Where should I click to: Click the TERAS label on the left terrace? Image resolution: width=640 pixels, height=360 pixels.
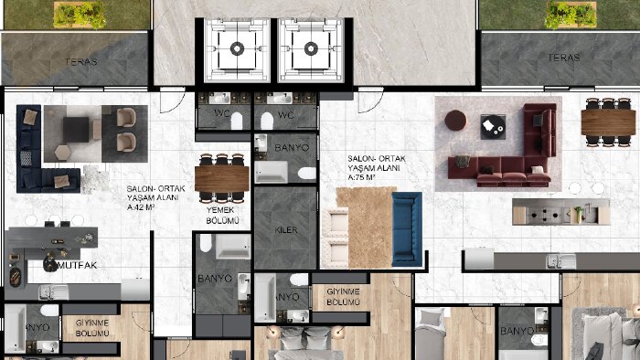pyautogui.click(x=80, y=62)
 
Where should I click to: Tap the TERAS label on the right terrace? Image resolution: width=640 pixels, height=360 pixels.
pyautogui.click(x=564, y=58)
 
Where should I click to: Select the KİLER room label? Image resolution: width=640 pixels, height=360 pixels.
pyautogui.click(x=286, y=230)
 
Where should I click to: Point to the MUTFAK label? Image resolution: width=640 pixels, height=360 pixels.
pyautogui.click(x=78, y=265)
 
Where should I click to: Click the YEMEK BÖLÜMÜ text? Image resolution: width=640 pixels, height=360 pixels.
pyautogui.click(x=222, y=216)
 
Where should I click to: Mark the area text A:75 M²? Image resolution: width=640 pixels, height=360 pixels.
pyautogui.click(x=362, y=178)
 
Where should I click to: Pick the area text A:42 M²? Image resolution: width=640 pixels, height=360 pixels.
pyautogui.click(x=141, y=207)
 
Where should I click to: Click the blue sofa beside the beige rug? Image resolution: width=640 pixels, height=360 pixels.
pyautogui.click(x=407, y=229)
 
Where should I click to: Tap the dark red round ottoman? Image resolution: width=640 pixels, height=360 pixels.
pyautogui.click(x=455, y=121)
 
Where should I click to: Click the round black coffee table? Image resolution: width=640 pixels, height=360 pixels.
pyautogui.click(x=493, y=126)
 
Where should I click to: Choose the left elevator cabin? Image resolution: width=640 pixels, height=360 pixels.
pyautogui.click(x=237, y=49)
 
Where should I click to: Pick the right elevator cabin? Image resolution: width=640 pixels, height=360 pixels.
pyautogui.click(x=311, y=49)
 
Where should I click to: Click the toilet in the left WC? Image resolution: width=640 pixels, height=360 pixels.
pyautogui.click(x=237, y=122)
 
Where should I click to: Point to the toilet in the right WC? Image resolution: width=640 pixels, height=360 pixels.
pyautogui.click(x=267, y=122)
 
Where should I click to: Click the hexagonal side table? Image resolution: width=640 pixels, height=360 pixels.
pyautogui.click(x=63, y=153)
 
